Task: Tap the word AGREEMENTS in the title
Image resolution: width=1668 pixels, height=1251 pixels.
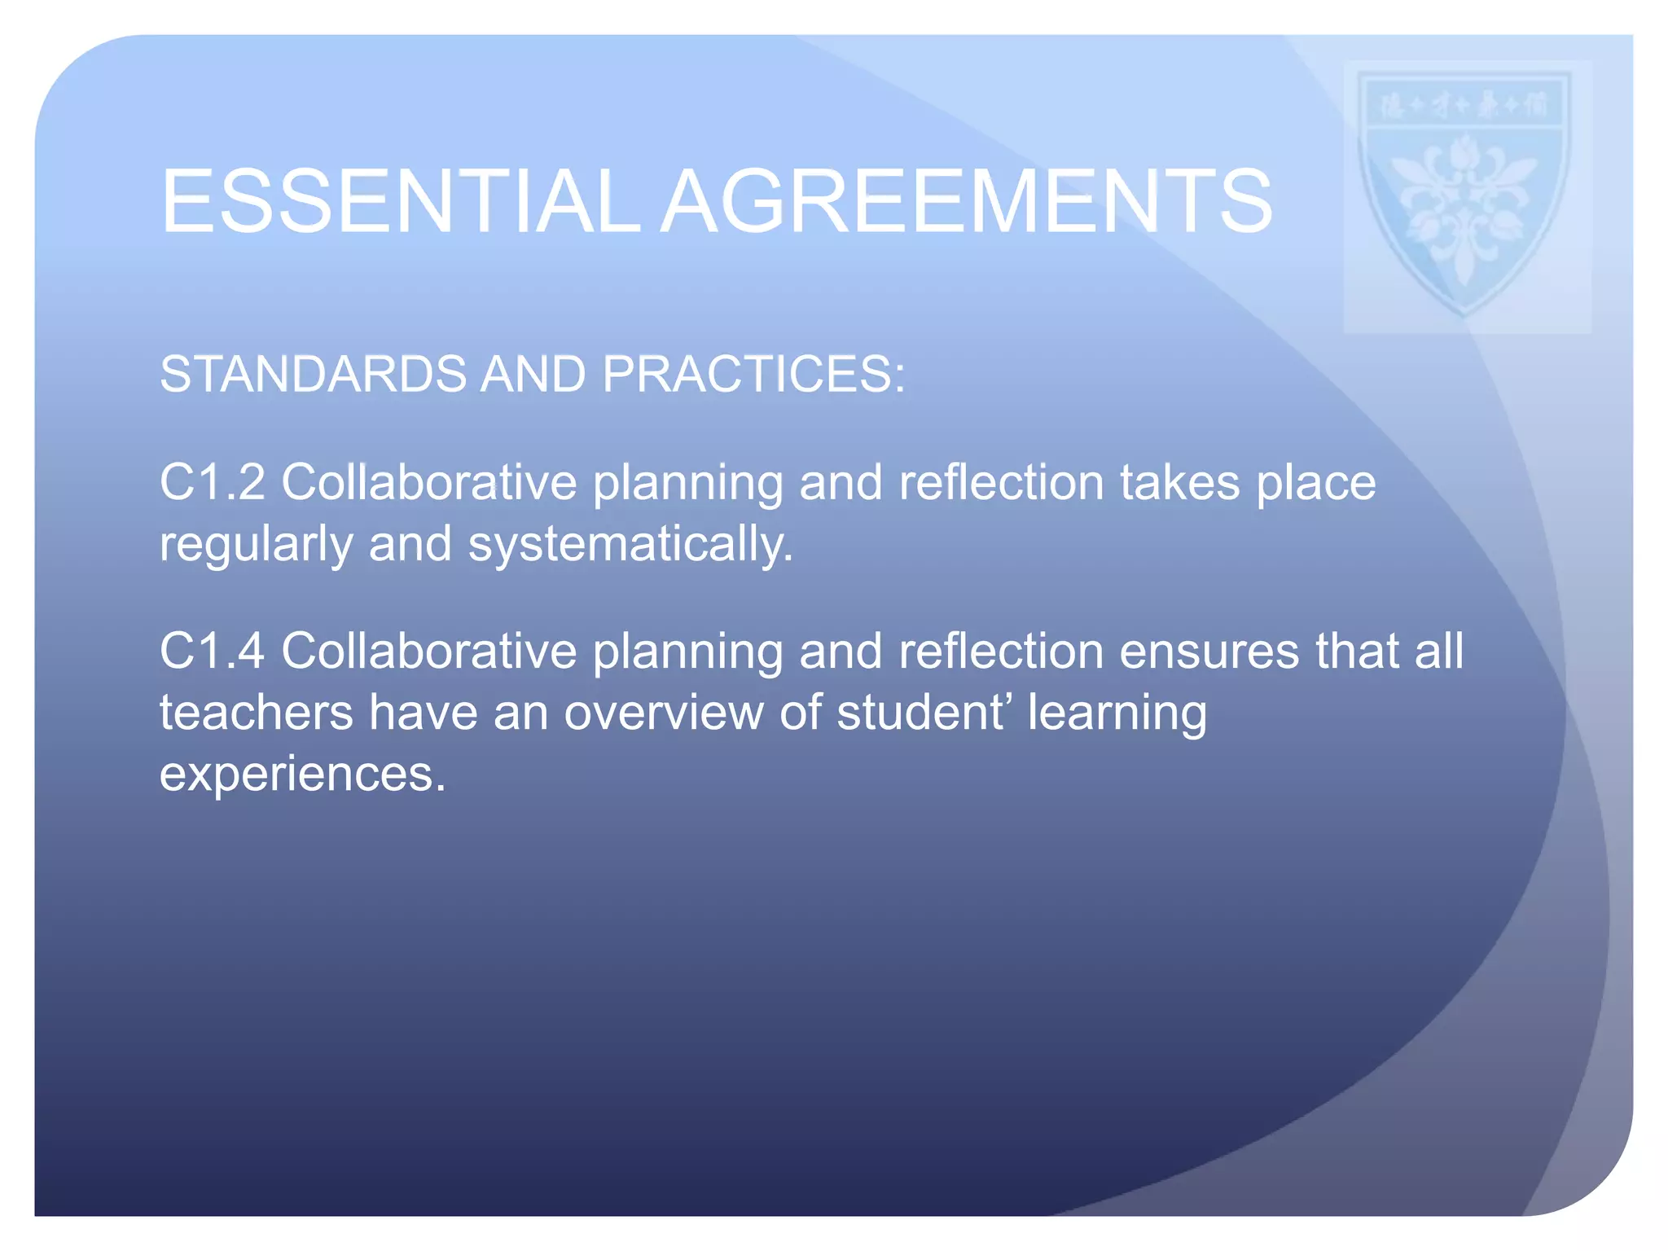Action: click(966, 201)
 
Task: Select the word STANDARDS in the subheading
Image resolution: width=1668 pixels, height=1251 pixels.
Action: click(313, 375)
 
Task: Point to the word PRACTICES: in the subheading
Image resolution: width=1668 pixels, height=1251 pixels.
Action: click(753, 375)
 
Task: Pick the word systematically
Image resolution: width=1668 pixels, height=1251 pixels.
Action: click(630, 544)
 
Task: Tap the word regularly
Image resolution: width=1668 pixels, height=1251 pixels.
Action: click(256, 544)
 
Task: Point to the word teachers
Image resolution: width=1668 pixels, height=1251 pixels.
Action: click(256, 713)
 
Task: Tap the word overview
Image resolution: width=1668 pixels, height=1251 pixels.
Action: click(664, 713)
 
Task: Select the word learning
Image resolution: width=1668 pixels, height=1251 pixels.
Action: click(1117, 714)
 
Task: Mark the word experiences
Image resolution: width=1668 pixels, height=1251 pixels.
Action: click(302, 774)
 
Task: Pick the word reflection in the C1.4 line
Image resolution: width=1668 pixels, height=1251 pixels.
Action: click(1001, 652)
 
